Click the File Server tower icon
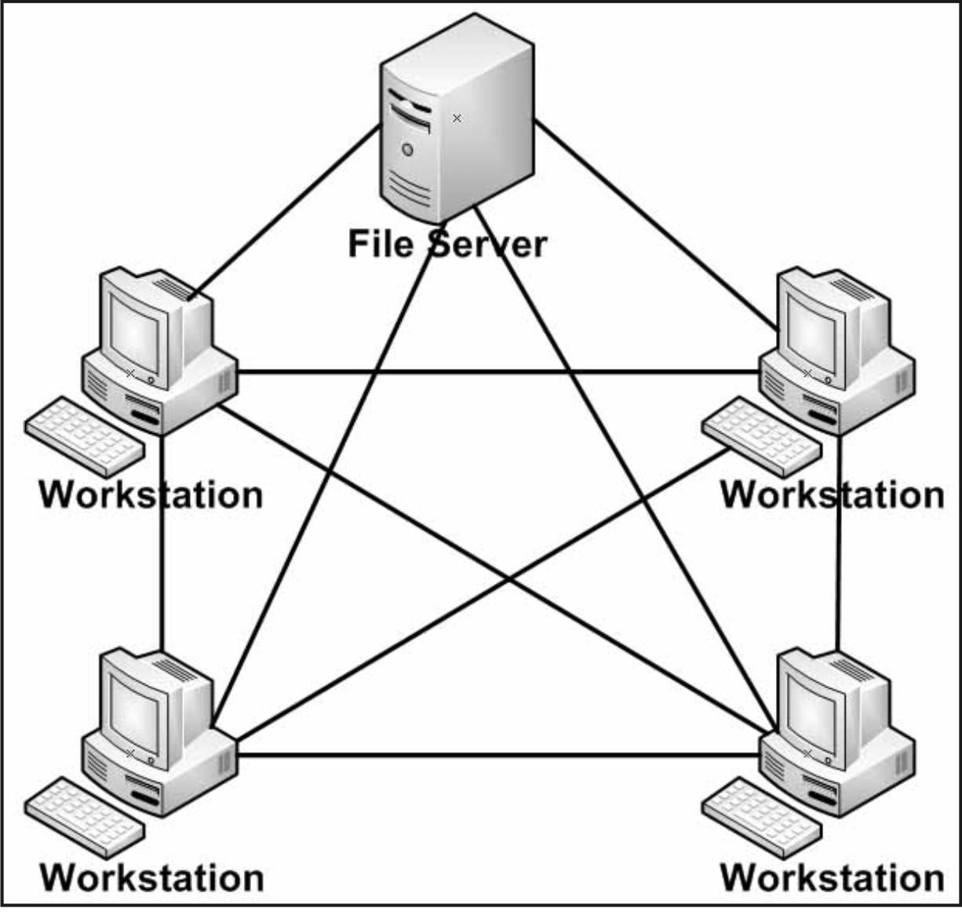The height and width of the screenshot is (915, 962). point(457,118)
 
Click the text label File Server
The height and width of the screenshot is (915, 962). point(446,243)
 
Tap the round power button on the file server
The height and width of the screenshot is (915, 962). point(406,149)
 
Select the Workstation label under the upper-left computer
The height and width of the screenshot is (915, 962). point(151,495)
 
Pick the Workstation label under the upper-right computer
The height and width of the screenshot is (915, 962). point(832,495)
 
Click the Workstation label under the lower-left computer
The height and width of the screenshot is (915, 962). point(151,877)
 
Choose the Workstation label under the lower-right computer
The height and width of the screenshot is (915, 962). point(832,877)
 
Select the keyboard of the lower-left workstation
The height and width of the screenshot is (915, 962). point(85,817)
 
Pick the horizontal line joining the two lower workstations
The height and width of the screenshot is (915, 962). point(499,755)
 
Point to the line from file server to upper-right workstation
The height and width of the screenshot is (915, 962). point(651,224)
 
